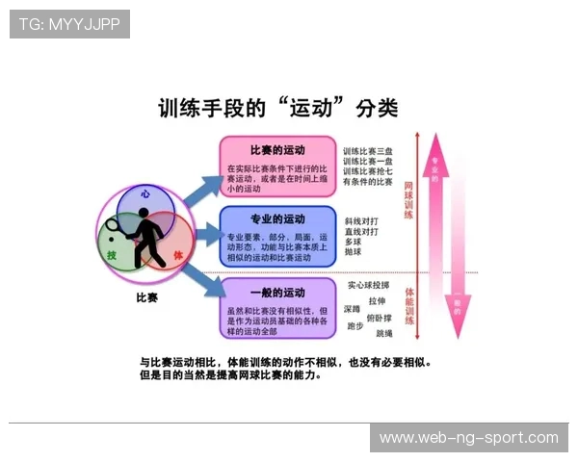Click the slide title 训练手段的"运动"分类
pyautogui.click(x=277, y=108)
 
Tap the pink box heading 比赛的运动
pyautogui.click(x=277, y=150)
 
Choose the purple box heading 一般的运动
pyautogui.click(x=277, y=292)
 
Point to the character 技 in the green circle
pyautogui.click(x=112, y=254)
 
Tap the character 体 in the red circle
pyautogui.click(x=177, y=254)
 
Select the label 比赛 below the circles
pyautogui.click(x=146, y=298)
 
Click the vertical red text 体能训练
pyautogui.click(x=408, y=303)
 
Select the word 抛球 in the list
pyautogui.click(x=353, y=252)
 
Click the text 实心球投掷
pyautogui.click(x=369, y=285)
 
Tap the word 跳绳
pyautogui.click(x=384, y=333)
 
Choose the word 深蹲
pyautogui.click(x=351, y=309)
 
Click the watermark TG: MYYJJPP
pyautogui.click(x=69, y=24)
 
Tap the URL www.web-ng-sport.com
pyautogui.click(x=468, y=438)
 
